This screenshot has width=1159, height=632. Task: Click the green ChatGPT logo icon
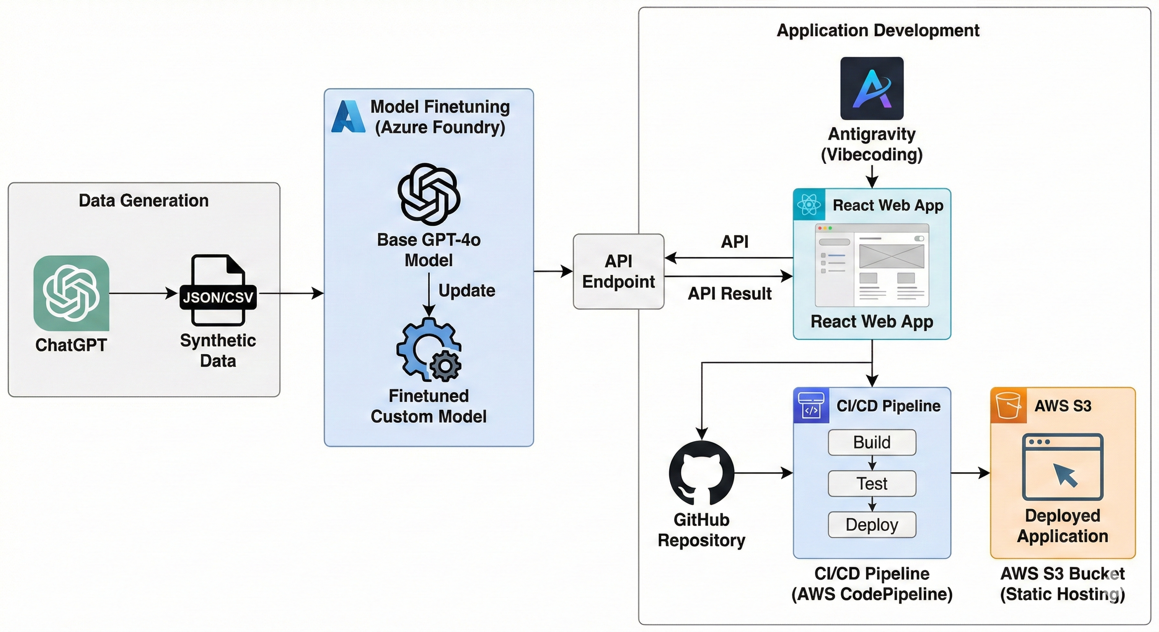pos(71,293)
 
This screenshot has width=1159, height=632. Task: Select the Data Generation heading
pos(144,201)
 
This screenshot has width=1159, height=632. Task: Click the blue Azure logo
pos(348,116)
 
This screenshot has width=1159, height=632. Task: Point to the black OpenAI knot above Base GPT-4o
pos(429,194)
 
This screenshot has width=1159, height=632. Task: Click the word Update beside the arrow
pos(467,290)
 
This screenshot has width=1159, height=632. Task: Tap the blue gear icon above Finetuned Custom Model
pos(428,349)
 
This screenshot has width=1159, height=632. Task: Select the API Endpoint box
pos(618,271)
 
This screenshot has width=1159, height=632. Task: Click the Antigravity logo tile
pos(871,88)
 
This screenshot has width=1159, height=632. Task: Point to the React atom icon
pos(809,204)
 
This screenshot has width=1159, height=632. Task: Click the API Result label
pos(729,294)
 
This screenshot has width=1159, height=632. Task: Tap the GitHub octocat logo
pos(701,473)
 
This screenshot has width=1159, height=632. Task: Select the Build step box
pos(871,442)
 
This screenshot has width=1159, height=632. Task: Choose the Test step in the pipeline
pos(871,483)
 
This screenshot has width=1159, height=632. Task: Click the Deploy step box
pos(871,525)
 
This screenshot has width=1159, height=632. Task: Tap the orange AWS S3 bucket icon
pos(1008,405)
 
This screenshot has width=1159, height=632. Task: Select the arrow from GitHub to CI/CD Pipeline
pos(763,473)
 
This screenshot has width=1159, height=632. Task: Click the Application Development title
pos(878,30)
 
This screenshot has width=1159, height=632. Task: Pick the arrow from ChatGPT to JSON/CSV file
pos(143,293)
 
